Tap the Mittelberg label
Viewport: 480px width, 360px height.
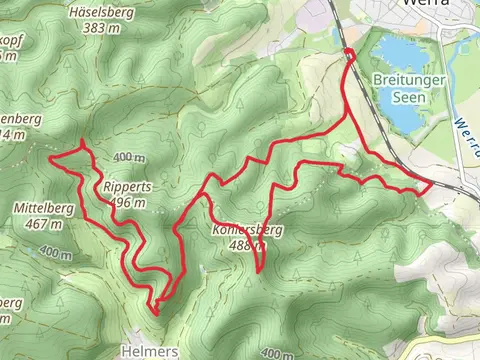[43, 208]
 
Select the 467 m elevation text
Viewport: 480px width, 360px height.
[44, 224]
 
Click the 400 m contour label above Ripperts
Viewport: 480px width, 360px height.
[128, 158]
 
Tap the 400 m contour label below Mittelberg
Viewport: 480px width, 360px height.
[56, 254]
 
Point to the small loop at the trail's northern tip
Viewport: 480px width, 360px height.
[349, 53]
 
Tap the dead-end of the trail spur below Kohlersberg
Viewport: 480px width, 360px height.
[260, 270]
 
